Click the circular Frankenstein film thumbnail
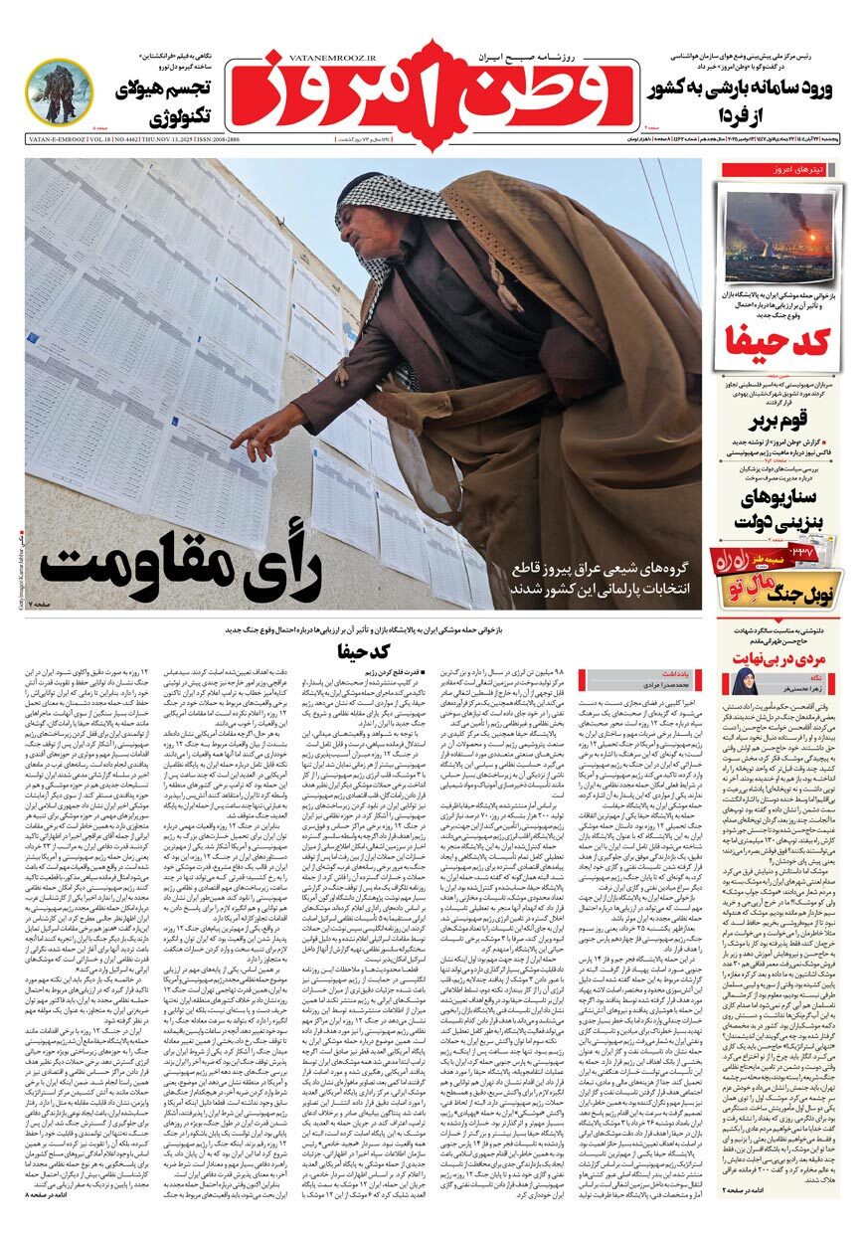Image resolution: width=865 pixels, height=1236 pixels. pos(60,92)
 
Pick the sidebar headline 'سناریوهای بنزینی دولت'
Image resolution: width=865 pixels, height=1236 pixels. pos(778,508)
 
